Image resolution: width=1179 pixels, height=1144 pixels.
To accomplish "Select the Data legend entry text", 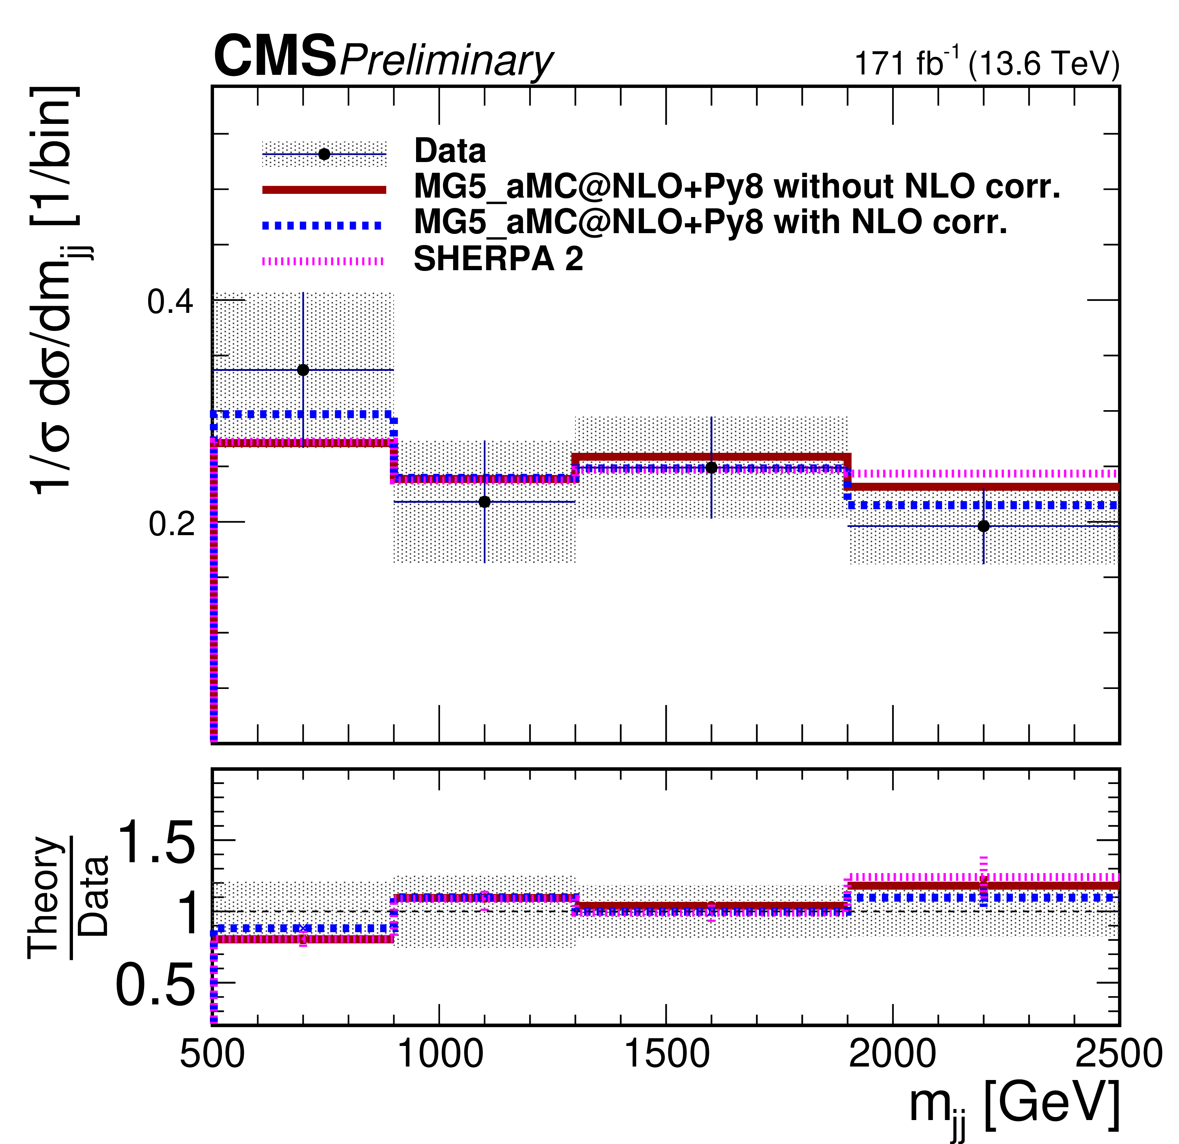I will tap(450, 150).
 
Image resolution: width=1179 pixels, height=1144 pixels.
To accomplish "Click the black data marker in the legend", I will tap(324, 154).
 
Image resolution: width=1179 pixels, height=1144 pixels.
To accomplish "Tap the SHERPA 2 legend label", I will tap(498, 259).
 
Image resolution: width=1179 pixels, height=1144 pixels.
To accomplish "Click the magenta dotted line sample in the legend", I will tap(323, 261).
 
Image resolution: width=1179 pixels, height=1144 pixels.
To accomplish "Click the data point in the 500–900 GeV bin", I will tap(303, 370).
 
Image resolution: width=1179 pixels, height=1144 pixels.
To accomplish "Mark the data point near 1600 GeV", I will tap(712, 467).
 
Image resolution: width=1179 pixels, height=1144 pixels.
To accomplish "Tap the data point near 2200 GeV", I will tap(984, 526).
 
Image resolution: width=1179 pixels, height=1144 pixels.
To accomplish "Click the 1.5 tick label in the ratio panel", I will tap(156, 843).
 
